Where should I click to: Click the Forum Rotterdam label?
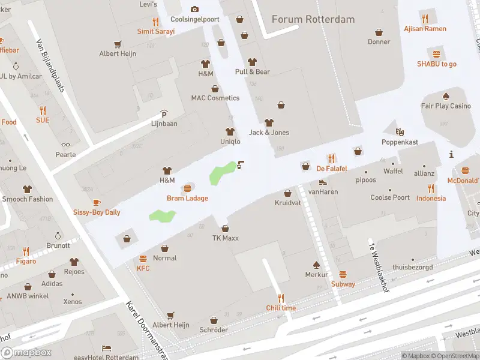click(x=313, y=19)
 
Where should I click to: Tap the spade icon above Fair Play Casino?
click(x=446, y=96)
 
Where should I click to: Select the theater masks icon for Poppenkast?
click(x=400, y=131)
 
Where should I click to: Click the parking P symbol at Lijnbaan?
click(x=164, y=113)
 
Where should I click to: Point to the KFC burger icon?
click(x=143, y=259)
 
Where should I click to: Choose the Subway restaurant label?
click(x=343, y=284)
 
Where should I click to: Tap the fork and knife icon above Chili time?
click(x=281, y=298)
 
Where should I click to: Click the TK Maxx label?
click(x=225, y=238)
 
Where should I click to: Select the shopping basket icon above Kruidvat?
click(x=287, y=193)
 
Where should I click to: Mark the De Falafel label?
click(x=332, y=169)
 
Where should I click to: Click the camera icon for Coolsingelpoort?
click(x=194, y=9)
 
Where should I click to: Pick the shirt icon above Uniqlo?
click(x=229, y=131)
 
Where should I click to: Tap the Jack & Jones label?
click(x=269, y=133)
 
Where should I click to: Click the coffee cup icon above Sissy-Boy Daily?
click(x=97, y=202)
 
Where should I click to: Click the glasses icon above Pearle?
click(x=65, y=145)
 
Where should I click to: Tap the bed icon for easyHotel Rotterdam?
click(x=107, y=348)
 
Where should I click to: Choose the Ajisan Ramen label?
click(x=425, y=29)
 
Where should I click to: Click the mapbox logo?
click(x=26, y=352)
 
